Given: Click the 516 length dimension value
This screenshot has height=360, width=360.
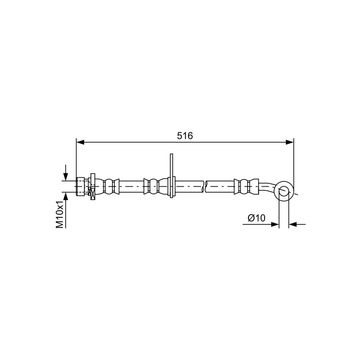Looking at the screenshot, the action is pos(185,136).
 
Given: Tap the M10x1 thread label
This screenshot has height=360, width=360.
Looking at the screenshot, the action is pos(60,215).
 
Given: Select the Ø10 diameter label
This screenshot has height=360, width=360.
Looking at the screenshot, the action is pos(256,218).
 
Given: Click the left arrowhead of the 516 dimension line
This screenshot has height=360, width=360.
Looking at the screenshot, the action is pos(80,142).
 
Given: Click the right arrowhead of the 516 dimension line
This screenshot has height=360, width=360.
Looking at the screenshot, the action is pos(289,142).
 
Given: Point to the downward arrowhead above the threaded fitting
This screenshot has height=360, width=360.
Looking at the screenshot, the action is pos(66,177).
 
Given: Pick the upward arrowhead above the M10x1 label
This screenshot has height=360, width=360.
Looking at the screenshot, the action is pos(66,196).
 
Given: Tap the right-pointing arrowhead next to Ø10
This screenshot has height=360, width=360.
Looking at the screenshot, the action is pos(275,224).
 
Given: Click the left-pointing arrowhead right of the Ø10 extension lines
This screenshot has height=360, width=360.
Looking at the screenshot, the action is pos(292,224).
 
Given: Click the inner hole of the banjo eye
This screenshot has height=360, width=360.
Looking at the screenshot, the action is pos(284,191).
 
